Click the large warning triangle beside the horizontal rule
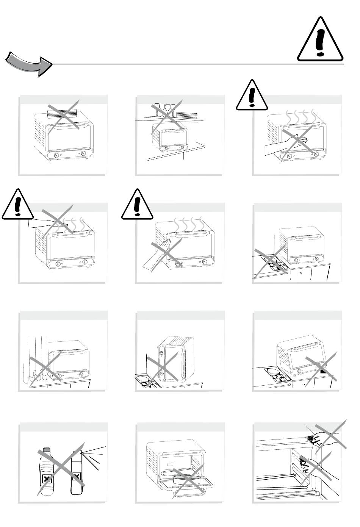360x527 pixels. coord(320,41)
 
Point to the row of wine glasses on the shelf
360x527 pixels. coord(163,110)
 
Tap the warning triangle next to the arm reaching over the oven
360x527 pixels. coord(17,205)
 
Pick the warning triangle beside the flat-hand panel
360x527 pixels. coord(137,205)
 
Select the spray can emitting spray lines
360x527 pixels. coord(77,472)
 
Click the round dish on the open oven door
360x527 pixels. coord(187,479)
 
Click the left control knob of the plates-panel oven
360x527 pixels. coord(56,155)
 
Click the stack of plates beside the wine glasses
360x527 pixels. coord(188,115)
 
